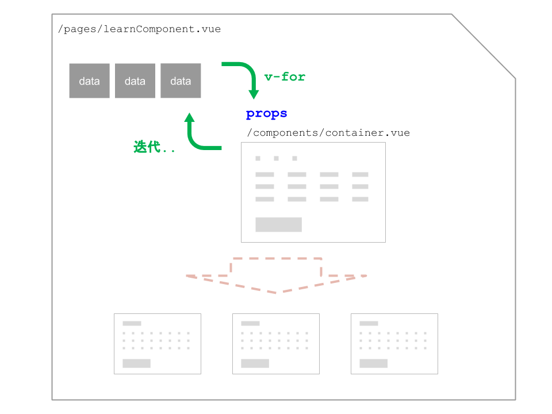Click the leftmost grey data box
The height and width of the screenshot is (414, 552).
pyautogui.click(x=90, y=80)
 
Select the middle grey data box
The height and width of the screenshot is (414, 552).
pyautogui.click(x=135, y=80)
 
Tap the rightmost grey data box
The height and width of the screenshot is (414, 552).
pyautogui.click(x=181, y=80)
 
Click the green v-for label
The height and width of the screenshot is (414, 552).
pyautogui.click(x=285, y=76)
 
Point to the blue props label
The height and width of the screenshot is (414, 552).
pyautogui.click(x=266, y=114)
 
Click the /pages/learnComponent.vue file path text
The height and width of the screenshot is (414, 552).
pyautogui.click(x=139, y=29)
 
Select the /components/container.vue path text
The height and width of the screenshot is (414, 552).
pyautogui.click(x=328, y=133)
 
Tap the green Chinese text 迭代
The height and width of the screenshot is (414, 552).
pyautogui.click(x=147, y=147)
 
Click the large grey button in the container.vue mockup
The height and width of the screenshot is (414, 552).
pyautogui.click(x=278, y=225)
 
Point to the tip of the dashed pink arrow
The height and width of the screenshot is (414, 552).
pyautogui.click(x=277, y=293)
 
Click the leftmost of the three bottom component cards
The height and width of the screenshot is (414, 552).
pyautogui.click(x=158, y=344)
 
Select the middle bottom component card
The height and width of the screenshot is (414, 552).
pyautogui.click(x=276, y=344)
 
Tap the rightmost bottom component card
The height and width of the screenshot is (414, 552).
pyautogui.click(x=394, y=344)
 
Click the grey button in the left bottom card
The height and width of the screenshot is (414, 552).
pyautogui.click(x=137, y=363)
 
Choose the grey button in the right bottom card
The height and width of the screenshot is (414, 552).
pyautogui.click(x=374, y=363)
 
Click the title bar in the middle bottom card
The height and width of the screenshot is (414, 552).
pyautogui.click(x=250, y=323)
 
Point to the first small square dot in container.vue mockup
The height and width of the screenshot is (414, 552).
pyautogui.click(x=258, y=159)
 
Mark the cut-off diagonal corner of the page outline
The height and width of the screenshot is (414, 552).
pyautogui.click(x=484, y=46)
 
